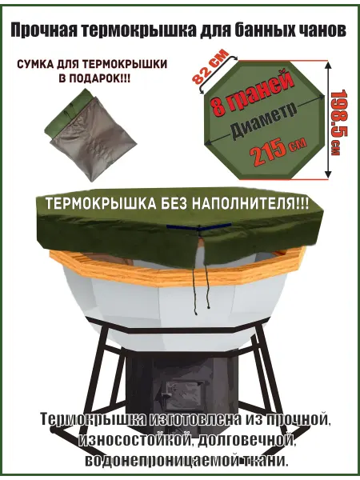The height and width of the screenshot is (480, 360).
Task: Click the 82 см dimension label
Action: pyautogui.click(x=210, y=67)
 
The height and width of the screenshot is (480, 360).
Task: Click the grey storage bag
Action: pyautogui.click(x=90, y=134)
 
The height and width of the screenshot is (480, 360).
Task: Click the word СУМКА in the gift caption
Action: pyautogui.click(x=35, y=64)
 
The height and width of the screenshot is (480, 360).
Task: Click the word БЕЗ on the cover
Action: pyautogui.click(x=173, y=204)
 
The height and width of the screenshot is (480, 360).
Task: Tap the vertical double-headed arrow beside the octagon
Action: pyautogui.click(x=329, y=120)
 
